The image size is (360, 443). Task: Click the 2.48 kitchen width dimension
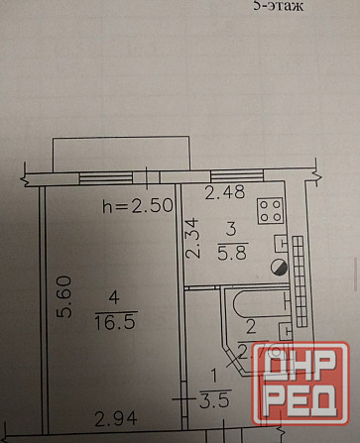223,193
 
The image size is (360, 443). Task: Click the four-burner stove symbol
270,209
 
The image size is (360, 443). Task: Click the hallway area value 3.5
206,402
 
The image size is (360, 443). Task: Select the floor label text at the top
275,5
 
